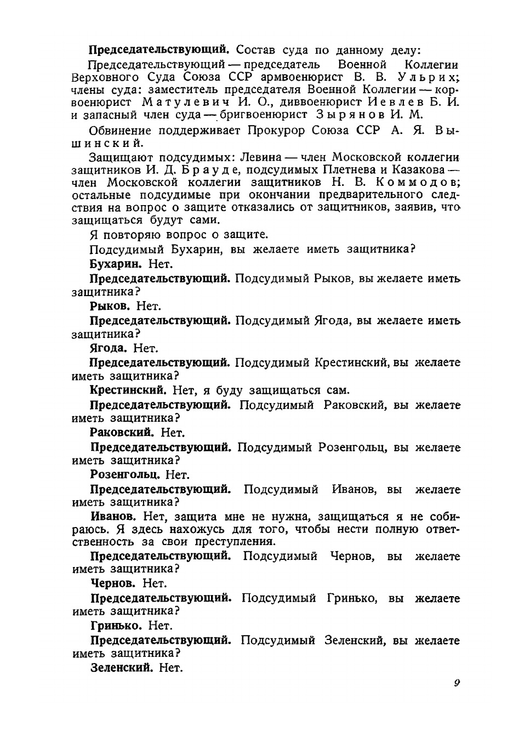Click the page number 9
[456, 683]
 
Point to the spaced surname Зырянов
[349, 115]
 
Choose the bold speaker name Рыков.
[109, 306]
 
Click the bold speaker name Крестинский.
[128, 390]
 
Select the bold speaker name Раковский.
[121, 433]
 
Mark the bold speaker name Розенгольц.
[124, 475]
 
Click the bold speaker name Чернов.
[112, 583]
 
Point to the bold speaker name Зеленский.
[121, 667]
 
